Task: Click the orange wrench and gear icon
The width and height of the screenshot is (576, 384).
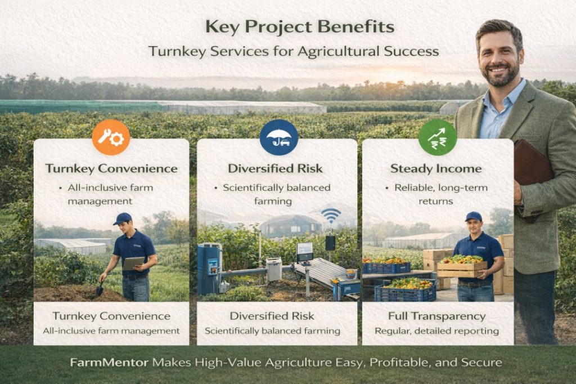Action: click(x=111, y=137)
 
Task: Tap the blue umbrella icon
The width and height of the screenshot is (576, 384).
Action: click(x=279, y=137)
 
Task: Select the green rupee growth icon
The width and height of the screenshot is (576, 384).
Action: click(x=438, y=137)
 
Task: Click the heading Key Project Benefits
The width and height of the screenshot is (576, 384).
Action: click(x=300, y=27)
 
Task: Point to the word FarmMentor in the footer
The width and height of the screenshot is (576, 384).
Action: click(x=109, y=363)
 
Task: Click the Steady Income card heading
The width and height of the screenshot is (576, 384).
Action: click(x=436, y=169)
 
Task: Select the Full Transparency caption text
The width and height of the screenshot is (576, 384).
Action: click(x=436, y=316)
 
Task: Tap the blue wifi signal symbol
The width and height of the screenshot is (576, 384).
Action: click(x=331, y=215)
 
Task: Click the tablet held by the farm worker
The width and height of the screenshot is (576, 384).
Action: click(x=133, y=264)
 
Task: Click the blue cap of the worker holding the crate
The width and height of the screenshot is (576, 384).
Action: click(x=473, y=216)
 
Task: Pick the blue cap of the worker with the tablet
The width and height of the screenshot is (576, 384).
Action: click(x=122, y=218)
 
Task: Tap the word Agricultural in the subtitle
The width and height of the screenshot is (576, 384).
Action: click(x=339, y=51)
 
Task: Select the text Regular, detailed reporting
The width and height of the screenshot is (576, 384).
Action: click(x=436, y=331)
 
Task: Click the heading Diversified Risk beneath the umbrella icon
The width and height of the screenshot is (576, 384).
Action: click(x=275, y=168)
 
